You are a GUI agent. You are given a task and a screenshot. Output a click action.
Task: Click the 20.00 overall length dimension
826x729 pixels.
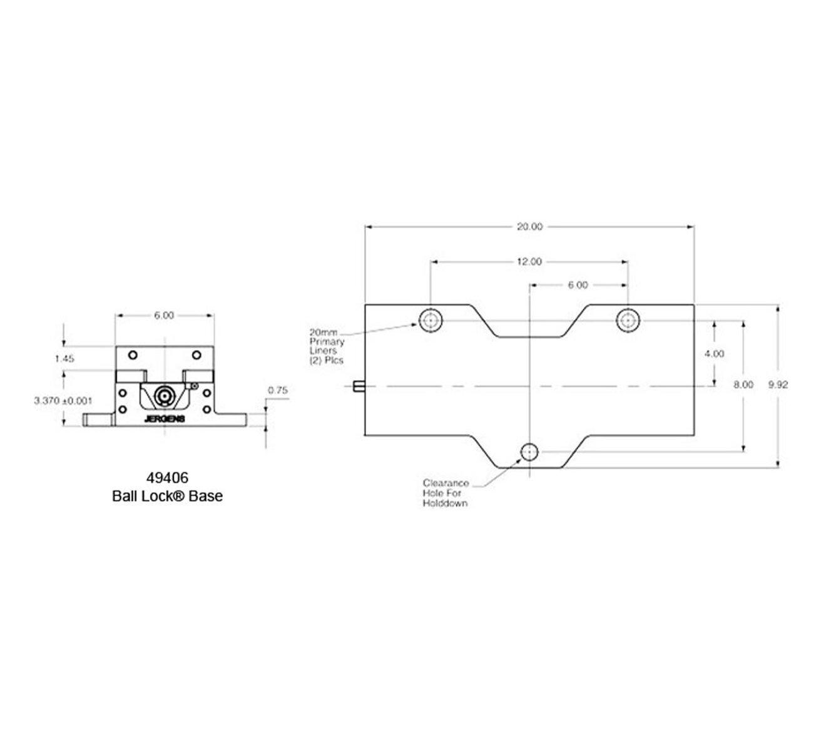point(529,227)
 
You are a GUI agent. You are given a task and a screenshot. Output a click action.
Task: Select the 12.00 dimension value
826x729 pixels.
point(529,262)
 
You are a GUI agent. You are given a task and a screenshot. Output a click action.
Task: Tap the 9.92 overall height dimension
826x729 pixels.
point(778,385)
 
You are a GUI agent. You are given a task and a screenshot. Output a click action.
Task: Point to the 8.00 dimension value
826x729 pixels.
point(743,385)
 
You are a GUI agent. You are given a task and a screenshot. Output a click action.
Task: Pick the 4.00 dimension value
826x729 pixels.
point(714,354)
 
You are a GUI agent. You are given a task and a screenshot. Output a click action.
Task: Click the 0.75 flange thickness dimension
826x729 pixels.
point(277,390)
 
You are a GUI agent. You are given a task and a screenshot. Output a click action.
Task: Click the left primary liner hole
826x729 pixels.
point(430,321)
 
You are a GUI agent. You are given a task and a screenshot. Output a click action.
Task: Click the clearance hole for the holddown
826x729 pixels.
point(529,452)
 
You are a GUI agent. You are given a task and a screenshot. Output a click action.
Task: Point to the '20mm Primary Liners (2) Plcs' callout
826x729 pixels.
point(327,347)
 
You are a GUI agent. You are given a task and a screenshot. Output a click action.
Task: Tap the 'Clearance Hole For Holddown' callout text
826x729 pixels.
point(446,493)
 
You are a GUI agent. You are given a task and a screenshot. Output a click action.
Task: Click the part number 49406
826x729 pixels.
point(167,478)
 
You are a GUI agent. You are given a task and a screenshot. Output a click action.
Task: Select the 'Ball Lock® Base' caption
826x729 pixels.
point(167,497)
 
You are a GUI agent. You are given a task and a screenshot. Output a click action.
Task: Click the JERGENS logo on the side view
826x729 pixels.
point(165,419)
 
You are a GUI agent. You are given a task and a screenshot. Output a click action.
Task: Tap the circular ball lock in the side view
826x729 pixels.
point(165,396)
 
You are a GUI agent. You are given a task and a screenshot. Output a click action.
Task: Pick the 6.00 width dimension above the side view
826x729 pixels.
point(164,316)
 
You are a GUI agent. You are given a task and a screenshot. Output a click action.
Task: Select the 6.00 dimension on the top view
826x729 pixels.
point(578,285)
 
